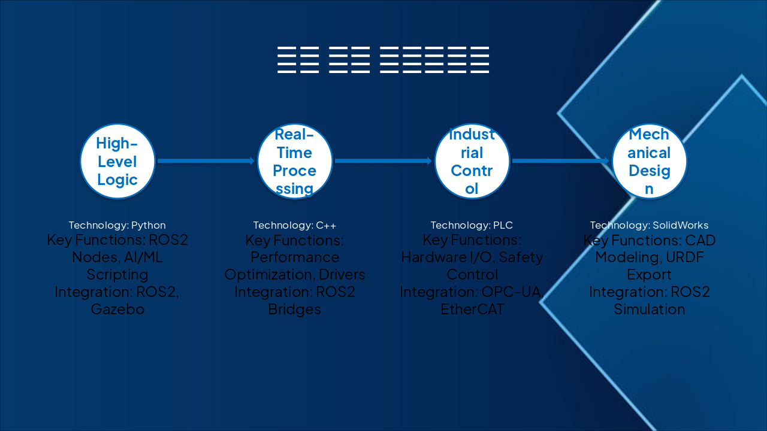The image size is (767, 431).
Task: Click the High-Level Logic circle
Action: point(117,161)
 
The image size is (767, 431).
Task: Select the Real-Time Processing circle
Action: point(295,161)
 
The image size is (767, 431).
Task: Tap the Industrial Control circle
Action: point(472,161)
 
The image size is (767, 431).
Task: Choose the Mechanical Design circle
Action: point(649,161)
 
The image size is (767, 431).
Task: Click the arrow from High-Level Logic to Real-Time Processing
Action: point(206,161)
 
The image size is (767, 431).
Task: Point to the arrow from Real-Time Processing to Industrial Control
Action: point(383,161)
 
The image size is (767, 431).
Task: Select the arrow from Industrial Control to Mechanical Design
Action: point(560,161)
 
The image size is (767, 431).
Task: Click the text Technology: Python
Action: point(117,226)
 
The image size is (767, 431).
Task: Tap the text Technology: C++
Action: point(295,226)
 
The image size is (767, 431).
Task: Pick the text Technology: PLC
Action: point(472,226)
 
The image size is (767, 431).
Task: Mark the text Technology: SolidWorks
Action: point(649,226)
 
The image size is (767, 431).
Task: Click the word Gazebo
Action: point(117,309)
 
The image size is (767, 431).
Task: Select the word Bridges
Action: point(294,309)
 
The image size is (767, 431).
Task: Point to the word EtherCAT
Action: point(472,309)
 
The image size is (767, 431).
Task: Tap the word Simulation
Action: point(649,309)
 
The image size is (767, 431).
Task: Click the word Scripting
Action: point(117,275)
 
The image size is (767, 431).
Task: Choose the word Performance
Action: point(295,257)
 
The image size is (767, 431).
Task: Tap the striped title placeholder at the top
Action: point(383,60)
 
